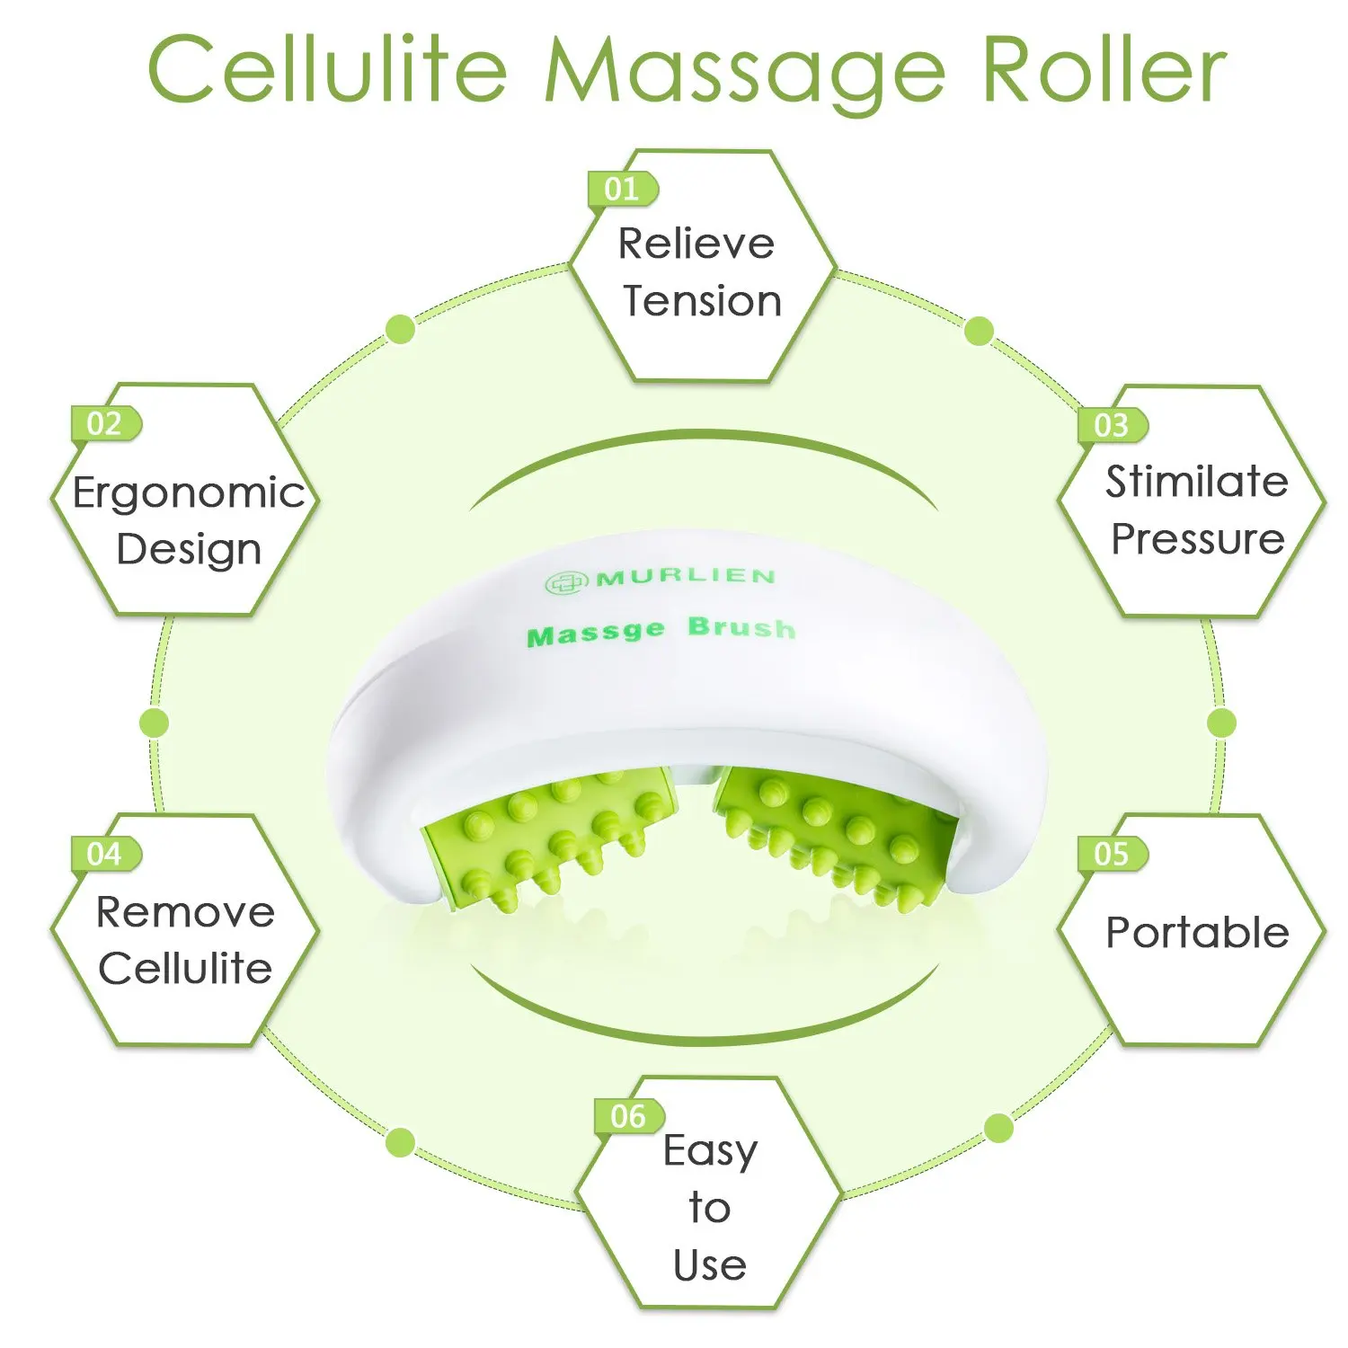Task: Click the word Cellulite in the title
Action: coord(327,70)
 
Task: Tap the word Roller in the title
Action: coord(1104,70)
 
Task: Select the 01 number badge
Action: coord(622,189)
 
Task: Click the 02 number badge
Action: coord(105,423)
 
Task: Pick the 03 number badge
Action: coord(1112,425)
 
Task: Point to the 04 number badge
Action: coord(105,854)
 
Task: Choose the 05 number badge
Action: coord(1112,854)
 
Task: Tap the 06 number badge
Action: coord(628,1116)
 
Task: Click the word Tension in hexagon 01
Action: coord(703,301)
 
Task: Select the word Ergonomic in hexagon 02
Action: coord(189,493)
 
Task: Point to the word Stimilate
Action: coord(1196,482)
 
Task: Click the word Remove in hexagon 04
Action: coord(185,913)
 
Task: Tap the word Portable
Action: coord(1197,933)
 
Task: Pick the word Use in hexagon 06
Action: coord(710,1265)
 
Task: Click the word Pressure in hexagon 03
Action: coord(1197,539)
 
